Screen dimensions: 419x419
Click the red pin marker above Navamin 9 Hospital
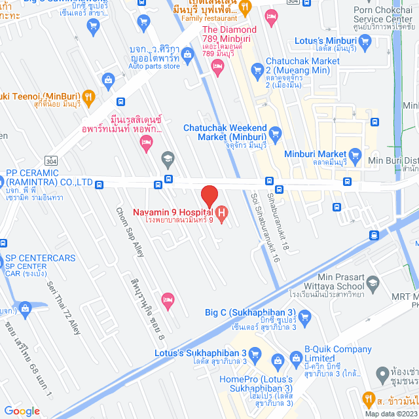[x=209, y=196]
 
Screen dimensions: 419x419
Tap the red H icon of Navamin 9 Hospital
[x=222, y=213]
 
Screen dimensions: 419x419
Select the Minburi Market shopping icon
[x=355, y=155]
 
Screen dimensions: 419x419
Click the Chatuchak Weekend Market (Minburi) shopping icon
[x=275, y=132]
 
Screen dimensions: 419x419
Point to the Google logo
[x=22, y=410]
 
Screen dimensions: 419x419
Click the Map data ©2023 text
[x=391, y=414]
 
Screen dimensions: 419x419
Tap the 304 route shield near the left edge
[x=50, y=160]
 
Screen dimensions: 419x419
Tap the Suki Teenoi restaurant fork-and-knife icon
[x=90, y=97]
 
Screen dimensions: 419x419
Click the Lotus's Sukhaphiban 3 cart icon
[x=255, y=355]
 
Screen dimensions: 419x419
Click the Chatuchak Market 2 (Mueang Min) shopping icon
[x=257, y=68]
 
